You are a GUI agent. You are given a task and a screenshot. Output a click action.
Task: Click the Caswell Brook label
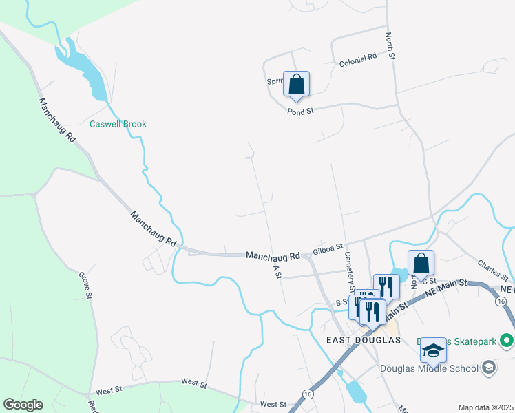[x=118, y=124]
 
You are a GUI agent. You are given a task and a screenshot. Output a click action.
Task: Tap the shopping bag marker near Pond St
[x=296, y=84]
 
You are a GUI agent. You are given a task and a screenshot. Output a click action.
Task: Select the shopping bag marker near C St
[x=421, y=263]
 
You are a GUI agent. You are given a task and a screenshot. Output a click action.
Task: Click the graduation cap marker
[x=433, y=350]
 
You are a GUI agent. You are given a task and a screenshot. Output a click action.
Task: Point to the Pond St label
[x=300, y=110]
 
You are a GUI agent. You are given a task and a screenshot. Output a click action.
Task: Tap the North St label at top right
[x=390, y=45]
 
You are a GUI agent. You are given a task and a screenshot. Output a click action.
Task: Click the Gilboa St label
[x=328, y=248]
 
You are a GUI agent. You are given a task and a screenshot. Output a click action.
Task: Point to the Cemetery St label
[x=349, y=271]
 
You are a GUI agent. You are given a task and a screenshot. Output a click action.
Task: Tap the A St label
[x=278, y=271]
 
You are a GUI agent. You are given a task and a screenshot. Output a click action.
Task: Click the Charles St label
[x=492, y=269]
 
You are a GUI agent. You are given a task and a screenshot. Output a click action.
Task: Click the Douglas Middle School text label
[x=430, y=368]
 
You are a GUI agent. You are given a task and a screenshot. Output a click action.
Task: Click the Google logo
[x=23, y=405]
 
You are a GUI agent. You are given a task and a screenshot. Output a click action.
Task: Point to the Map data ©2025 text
[x=485, y=407]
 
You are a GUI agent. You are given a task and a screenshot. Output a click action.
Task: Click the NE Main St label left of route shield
[x=446, y=288]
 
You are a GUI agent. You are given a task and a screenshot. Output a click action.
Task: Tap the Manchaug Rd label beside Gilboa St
[x=273, y=255]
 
